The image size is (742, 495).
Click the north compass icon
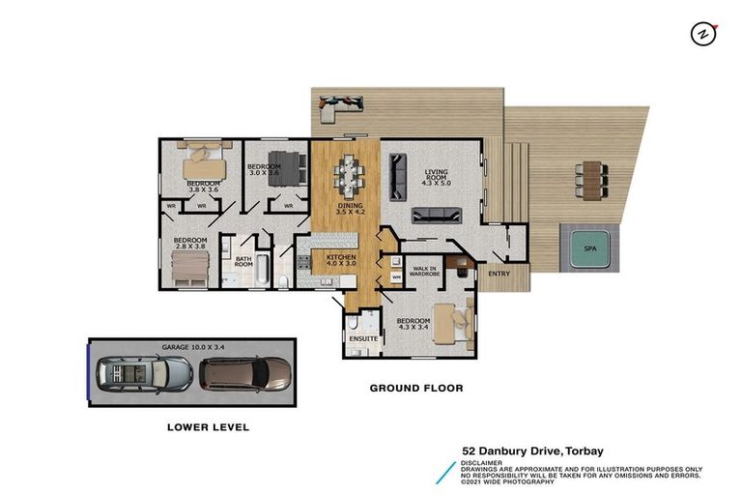702,34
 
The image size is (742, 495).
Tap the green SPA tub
589,248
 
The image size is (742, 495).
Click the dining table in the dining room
349,173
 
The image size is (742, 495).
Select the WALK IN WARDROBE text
427,272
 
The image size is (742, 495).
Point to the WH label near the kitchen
395,278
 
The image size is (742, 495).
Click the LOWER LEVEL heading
208,426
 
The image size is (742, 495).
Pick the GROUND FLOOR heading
416,389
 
